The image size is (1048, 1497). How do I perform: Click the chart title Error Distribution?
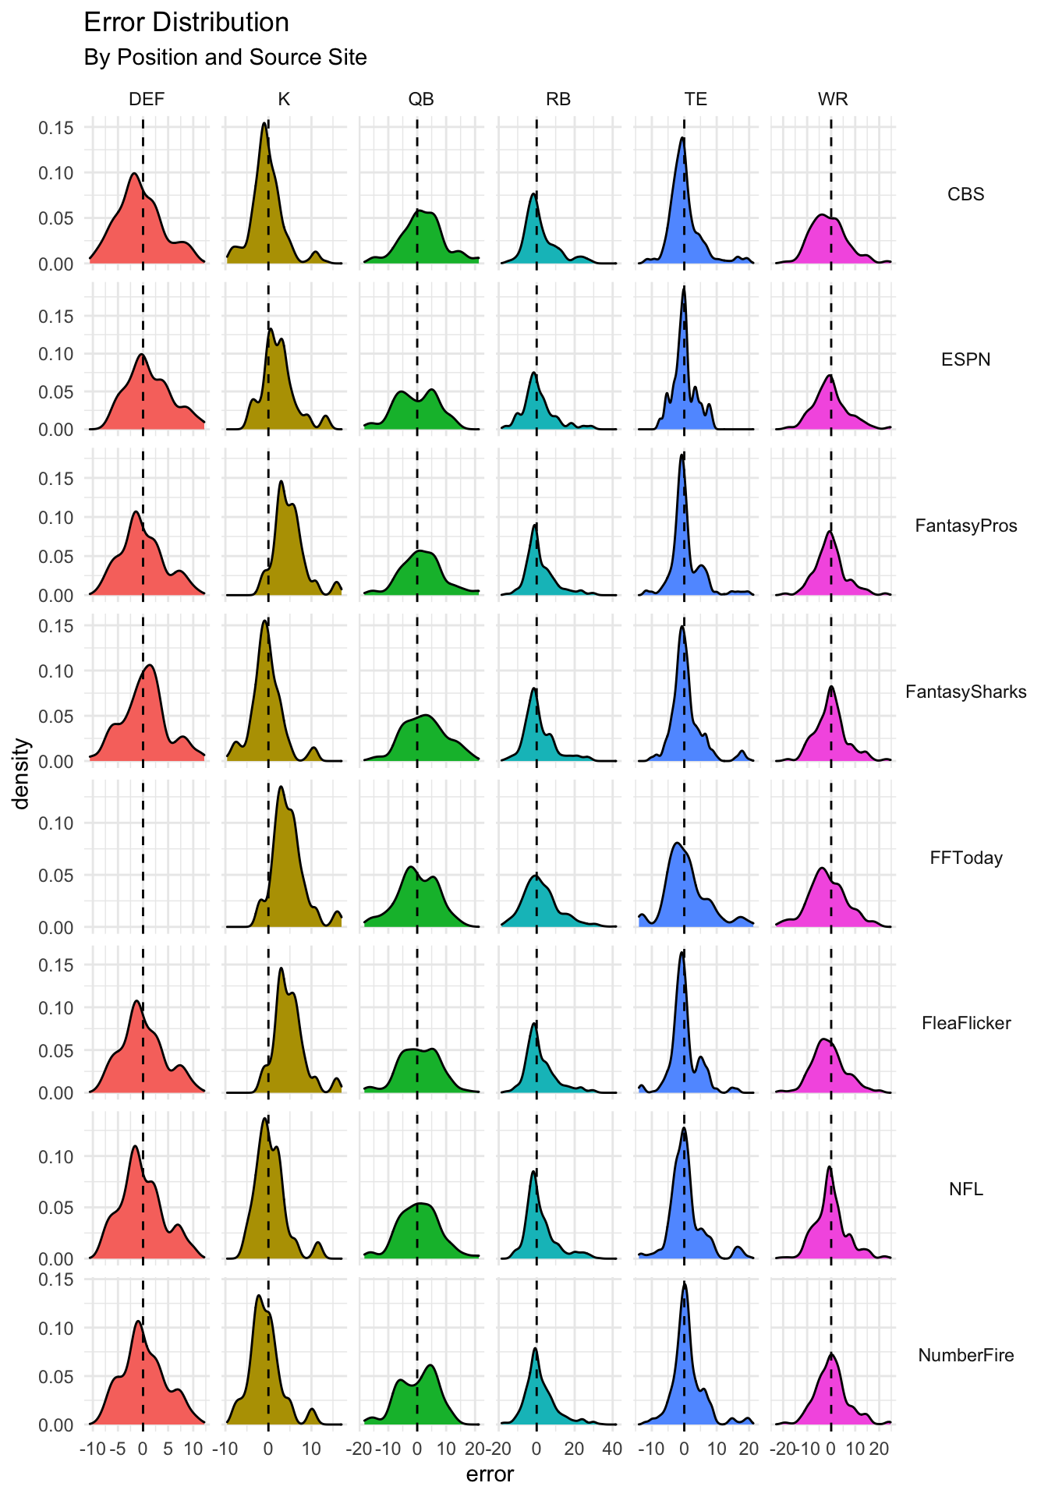(186, 23)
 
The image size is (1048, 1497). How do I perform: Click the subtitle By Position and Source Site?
(225, 58)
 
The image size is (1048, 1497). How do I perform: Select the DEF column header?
(147, 99)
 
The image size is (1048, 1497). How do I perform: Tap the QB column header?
(421, 99)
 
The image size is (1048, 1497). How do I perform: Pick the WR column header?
(833, 99)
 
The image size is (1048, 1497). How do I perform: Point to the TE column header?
(696, 99)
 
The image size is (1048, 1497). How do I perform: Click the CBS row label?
(965, 194)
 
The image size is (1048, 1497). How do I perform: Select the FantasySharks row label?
(965, 692)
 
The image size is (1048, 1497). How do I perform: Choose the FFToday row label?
(965, 858)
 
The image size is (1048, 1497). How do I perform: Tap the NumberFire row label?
(965, 1355)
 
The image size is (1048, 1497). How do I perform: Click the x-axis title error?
(490, 1474)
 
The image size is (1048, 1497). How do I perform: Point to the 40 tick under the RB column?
(612, 1449)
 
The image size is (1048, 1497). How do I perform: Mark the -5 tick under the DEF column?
(118, 1449)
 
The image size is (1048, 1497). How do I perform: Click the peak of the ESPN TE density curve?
(684, 287)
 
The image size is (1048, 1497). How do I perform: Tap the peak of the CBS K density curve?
(264, 123)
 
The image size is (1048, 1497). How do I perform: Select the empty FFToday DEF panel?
(147, 854)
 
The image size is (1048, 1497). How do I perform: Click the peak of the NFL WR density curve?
(829, 1167)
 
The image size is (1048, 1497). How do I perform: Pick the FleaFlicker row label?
(965, 1023)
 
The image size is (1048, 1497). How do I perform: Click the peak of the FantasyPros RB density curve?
(535, 525)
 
